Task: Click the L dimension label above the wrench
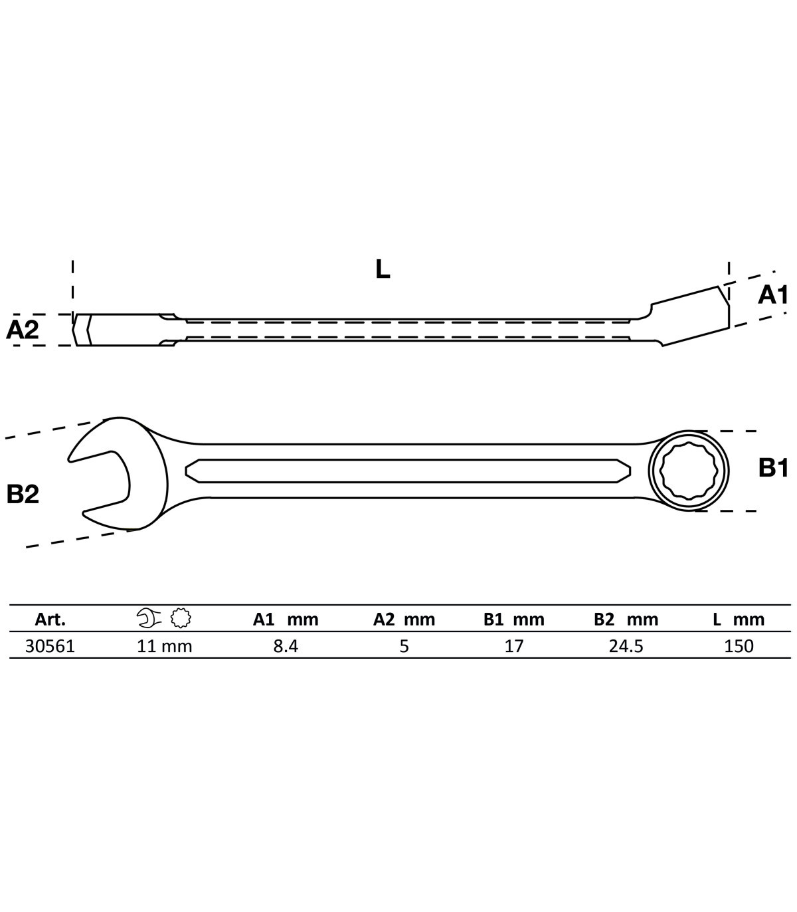pos(383,269)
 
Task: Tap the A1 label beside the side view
pos(773,294)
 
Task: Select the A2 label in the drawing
pos(23,330)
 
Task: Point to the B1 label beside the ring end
pos(773,468)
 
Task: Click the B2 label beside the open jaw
pos(23,495)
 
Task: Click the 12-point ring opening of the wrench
pos(688,471)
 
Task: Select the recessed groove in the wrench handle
pos(408,471)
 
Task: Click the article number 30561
pos(50,646)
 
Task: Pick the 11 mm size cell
pos(164,646)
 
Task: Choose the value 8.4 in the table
pos(286,646)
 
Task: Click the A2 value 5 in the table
pos(404,646)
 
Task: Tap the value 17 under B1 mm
pos(514,646)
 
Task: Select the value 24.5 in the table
pos(626,646)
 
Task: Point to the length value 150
pos(739,646)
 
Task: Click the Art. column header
pos(50,619)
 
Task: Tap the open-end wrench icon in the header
pos(149,618)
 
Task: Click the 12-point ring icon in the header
pos(181,618)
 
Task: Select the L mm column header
pos(739,620)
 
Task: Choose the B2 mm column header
pos(626,620)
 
